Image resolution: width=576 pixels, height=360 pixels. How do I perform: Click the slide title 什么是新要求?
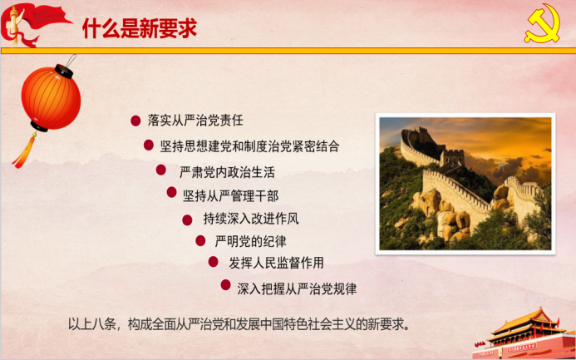coord(140,28)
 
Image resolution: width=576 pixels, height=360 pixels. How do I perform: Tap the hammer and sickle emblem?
coord(542,23)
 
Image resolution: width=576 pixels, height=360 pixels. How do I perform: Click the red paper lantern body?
coord(51,98)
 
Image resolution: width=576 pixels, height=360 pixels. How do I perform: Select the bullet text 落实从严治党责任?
coord(195,120)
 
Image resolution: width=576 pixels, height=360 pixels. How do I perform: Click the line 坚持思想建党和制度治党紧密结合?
coord(249,146)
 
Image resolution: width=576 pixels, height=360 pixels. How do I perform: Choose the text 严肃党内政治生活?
coord(227,172)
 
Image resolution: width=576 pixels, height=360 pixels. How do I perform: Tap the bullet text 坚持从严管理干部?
coord(231,195)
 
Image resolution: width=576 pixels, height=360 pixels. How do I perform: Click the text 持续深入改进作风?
coord(251,219)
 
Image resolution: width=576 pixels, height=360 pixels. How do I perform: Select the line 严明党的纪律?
coord(250,241)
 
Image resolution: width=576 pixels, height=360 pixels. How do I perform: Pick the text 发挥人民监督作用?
coord(276,263)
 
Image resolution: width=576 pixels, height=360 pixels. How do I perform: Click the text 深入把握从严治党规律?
coord(297,289)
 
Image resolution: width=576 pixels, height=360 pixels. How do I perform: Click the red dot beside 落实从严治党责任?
coord(135,121)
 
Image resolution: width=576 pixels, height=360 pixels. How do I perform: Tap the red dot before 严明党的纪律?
coord(200,241)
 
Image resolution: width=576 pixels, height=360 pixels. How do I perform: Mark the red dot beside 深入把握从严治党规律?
coord(225,284)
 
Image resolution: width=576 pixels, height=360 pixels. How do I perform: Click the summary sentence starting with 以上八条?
coord(239,325)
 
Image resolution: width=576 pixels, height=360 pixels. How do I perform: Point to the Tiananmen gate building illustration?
coord(524,333)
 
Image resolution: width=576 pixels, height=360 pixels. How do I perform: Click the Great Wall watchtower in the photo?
coord(452,158)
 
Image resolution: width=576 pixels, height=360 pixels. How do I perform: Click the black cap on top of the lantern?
coord(64,72)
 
